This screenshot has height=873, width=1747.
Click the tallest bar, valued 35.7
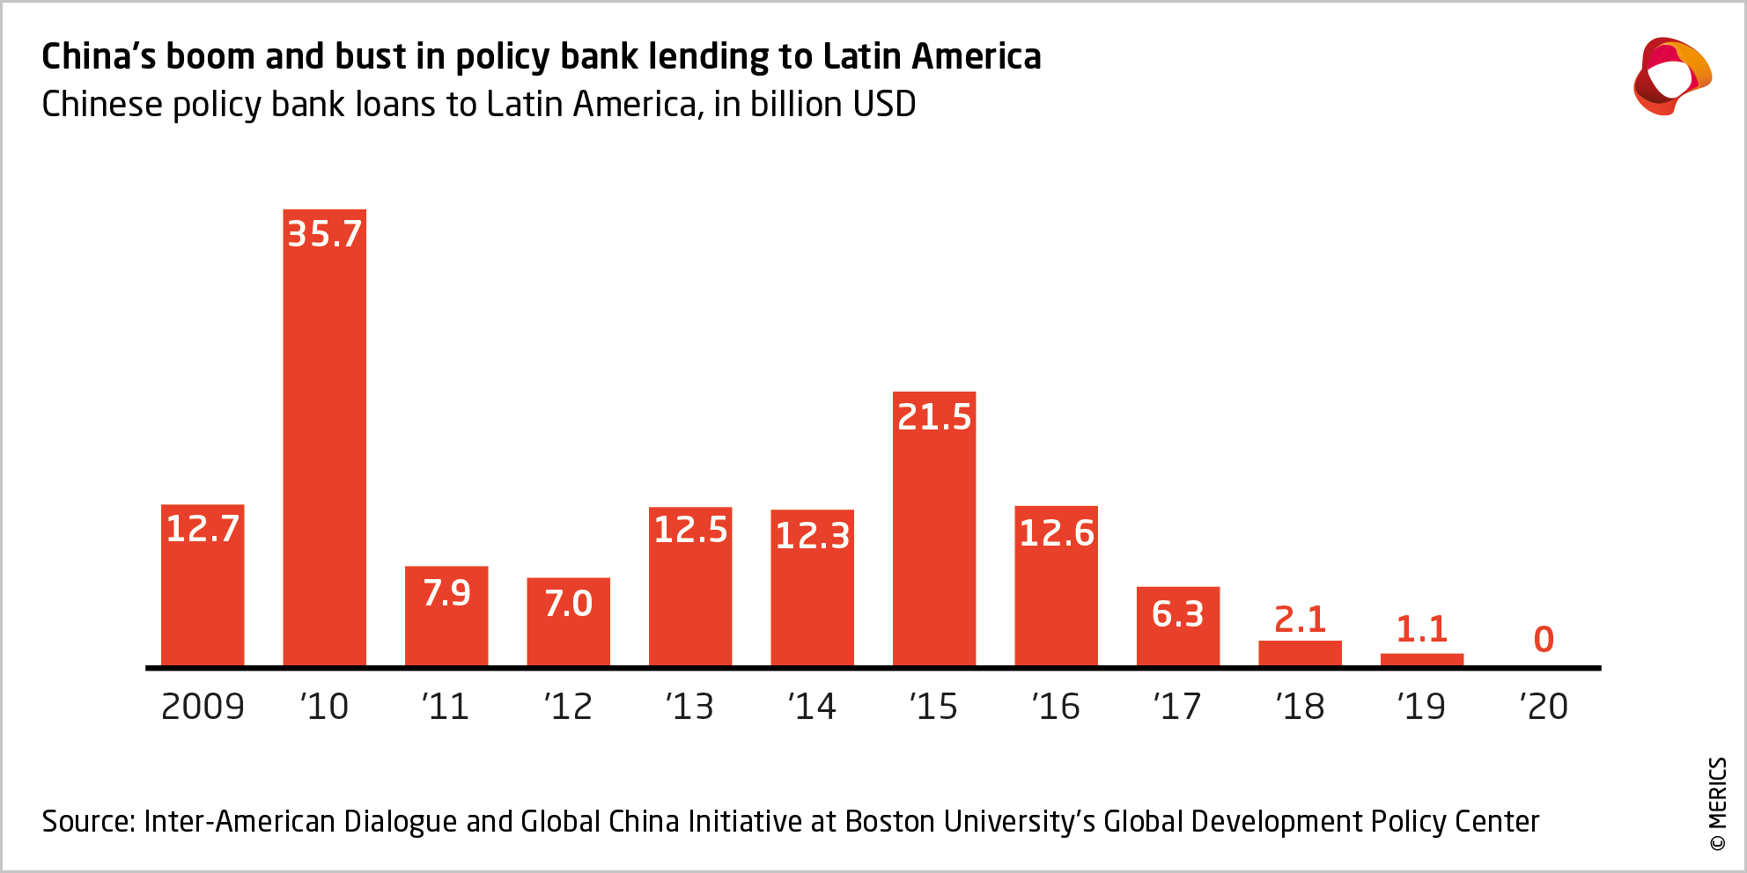click(x=324, y=440)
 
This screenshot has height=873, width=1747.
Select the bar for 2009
click(x=203, y=590)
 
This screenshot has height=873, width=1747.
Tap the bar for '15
click(x=934, y=537)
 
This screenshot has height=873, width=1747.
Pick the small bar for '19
click(x=1421, y=659)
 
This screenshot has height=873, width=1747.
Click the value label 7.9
click(x=446, y=593)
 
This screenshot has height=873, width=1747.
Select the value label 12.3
click(x=812, y=536)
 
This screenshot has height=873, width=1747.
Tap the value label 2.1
click(x=1300, y=620)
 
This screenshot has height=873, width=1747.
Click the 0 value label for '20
click(x=1544, y=640)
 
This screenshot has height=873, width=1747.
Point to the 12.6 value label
click(x=1056, y=533)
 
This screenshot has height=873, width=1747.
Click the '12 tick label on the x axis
click(x=568, y=707)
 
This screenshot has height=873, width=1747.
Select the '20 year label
click(x=1544, y=707)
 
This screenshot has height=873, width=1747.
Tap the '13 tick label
click(x=689, y=707)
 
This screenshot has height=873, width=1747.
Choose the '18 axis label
click(x=1300, y=707)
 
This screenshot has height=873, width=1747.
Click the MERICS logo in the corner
click(x=1671, y=77)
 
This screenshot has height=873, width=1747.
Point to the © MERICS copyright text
click(x=1718, y=804)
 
